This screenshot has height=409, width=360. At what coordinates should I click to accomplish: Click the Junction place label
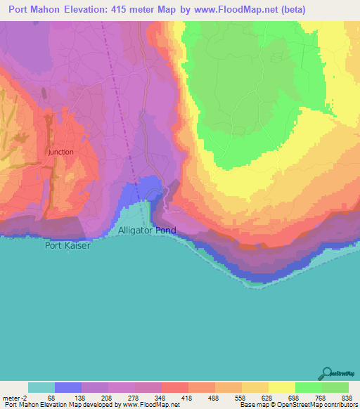[x=61, y=152]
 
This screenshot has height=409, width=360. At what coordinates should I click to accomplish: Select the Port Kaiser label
[x=68, y=245]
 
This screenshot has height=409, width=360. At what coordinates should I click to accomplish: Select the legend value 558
[x=242, y=398]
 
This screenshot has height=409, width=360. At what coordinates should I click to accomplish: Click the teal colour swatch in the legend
[x=41, y=387]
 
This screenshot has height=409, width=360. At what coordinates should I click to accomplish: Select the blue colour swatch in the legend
[x=67, y=387]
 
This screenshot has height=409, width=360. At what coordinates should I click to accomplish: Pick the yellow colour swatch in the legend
[x=281, y=387]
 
